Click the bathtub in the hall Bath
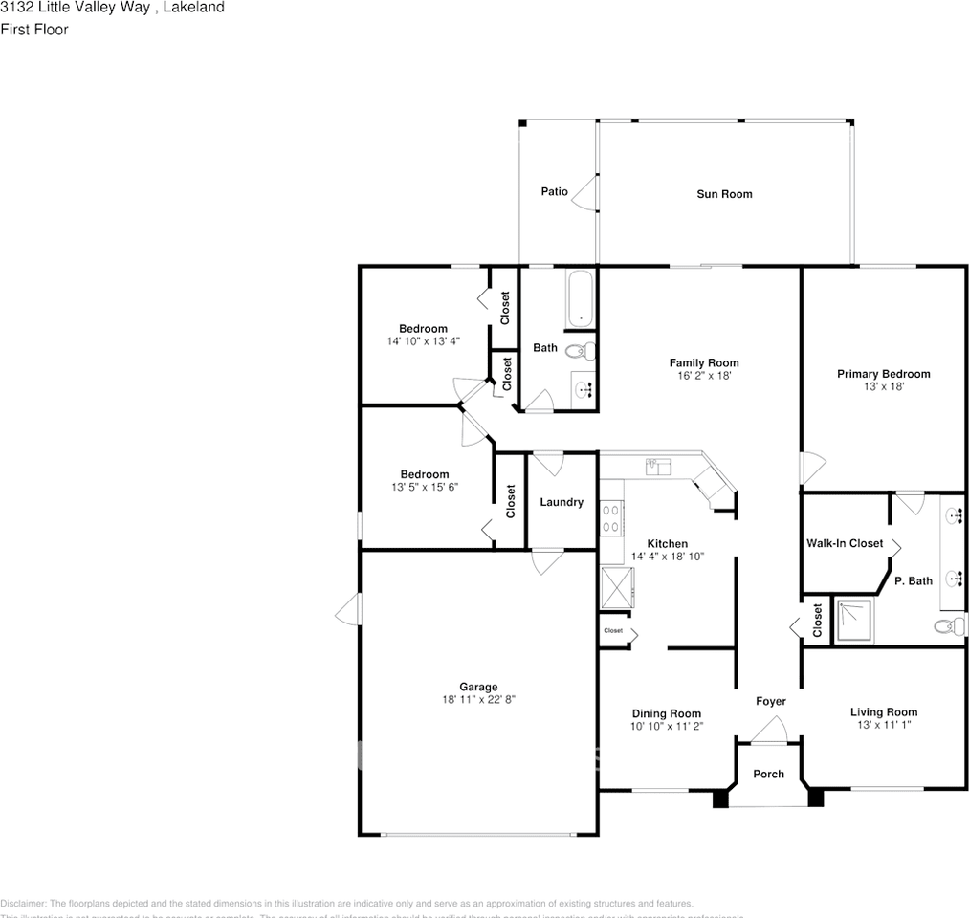[581, 299]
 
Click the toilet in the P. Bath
[947, 627]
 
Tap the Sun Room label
[724, 194]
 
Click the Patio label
[554, 192]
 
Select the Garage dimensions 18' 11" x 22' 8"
[477, 700]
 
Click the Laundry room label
[562, 503]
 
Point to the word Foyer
[771, 702]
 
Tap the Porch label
[768, 775]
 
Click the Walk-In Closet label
[845, 543]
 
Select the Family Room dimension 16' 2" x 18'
[703, 376]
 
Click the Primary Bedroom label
[883, 374]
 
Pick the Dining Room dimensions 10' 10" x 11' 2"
[667, 727]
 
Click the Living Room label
[884, 711]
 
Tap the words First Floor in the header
[34, 30]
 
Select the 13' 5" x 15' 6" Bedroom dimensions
[424, 488]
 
